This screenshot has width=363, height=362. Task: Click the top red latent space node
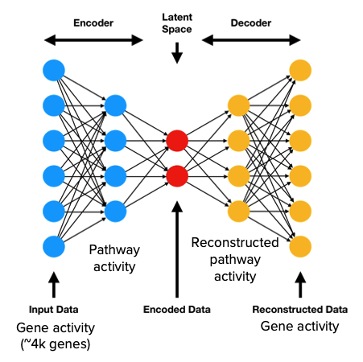click(177, 141)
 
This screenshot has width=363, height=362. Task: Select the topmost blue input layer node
click(54, 70)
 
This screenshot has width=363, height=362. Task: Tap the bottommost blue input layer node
click(54, 245)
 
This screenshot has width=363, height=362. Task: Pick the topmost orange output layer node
click(301, 70)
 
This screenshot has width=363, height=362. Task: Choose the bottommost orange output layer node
click(301, 245)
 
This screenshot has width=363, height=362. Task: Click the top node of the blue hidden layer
click(115, 105)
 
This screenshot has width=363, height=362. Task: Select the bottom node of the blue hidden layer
click(115, 211)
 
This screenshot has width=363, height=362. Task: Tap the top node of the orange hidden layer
click(238, 105)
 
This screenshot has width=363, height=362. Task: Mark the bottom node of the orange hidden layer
click(238, 211)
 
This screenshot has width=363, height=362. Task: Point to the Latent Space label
click(177, 23)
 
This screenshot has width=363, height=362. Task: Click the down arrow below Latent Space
click(177, 54)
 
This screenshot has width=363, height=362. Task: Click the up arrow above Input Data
click(54, 285)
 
